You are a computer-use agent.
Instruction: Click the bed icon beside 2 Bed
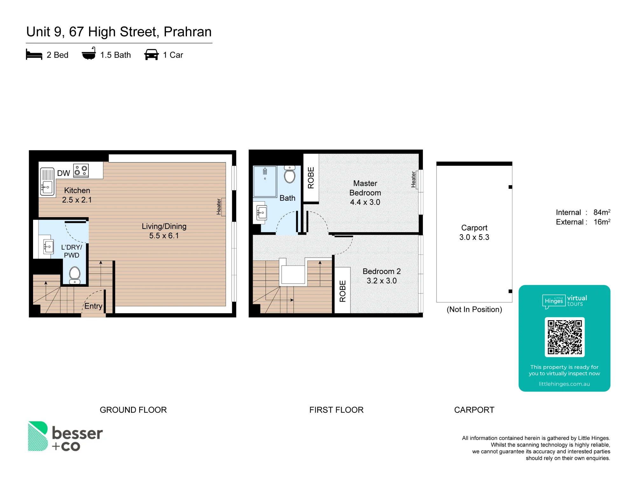point(34,55)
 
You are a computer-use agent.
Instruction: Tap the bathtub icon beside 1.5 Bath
point(89,54)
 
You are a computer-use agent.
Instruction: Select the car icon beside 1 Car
point(151,55)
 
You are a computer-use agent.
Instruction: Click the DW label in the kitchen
point(64,173)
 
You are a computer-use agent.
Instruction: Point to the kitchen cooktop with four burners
point(81,170)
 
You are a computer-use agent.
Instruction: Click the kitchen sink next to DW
point(47,182)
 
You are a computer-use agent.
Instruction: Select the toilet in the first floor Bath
point(290,175)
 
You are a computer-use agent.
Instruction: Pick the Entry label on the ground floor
point(93,306)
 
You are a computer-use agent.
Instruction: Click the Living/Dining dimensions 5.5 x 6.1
point(164,236)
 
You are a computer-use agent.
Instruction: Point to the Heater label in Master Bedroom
point(413,179)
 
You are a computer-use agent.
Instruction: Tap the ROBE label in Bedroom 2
point(342,291)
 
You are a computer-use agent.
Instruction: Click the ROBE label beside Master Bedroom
point(311,178)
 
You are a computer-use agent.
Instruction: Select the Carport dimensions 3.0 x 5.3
point(474,237)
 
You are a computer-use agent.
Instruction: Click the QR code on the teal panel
point(565,337)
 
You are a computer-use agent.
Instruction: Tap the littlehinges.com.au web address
point(564,384)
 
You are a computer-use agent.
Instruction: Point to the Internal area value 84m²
point(602,212)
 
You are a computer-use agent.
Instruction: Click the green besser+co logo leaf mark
point(38,436)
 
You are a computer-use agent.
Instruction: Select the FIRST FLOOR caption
point(336,410)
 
